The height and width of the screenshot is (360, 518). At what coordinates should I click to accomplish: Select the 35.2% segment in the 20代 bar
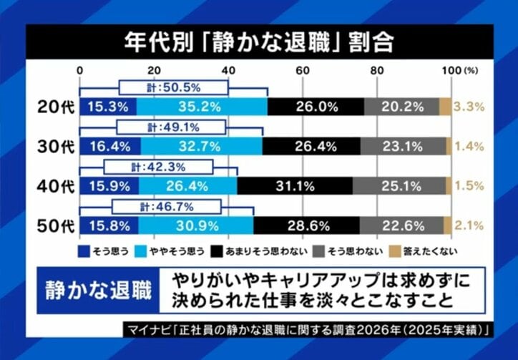201,107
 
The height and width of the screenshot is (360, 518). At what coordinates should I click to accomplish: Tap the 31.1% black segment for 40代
294,187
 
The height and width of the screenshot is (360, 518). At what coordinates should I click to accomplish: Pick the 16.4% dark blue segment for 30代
109,147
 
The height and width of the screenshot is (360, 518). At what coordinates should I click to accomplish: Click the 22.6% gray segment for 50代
401,226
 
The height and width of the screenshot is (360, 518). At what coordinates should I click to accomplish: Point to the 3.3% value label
470,107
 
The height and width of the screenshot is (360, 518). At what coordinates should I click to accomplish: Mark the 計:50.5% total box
173,87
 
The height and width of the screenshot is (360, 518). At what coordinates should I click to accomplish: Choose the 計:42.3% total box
159,167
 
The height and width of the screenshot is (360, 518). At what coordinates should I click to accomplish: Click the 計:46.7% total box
165,208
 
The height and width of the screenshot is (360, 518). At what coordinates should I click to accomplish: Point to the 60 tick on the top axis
303,70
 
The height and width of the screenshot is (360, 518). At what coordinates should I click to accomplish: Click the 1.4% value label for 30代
470,147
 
